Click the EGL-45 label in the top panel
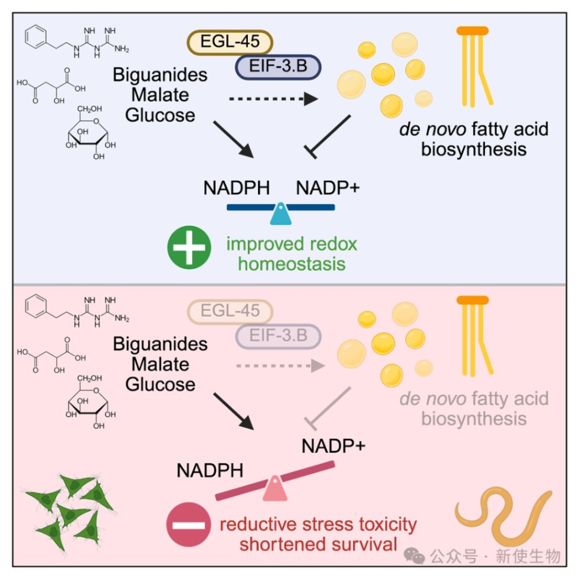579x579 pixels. (229, 42)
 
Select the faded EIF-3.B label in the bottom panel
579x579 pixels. (278, 336)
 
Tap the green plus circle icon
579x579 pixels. (189, 247)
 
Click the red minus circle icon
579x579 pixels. (188, 525)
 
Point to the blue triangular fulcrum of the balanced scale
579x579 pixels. (281, 214)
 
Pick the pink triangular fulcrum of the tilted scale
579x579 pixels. (275, 488)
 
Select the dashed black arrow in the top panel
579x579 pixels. (273, 99)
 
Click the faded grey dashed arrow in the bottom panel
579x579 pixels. (281, 366)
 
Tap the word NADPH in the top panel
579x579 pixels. (237, 188)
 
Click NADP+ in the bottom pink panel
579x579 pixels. (333, 446)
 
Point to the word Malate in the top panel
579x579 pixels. (161, 95)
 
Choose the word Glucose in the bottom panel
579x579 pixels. (161, 385)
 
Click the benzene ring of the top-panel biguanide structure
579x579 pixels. (36, 36)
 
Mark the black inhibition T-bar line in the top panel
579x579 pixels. (327, 137)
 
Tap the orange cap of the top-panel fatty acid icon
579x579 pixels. (473, 31)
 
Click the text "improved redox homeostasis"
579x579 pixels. (292, 254)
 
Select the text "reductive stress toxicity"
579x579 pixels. (318, 524)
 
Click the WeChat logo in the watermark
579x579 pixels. (414, 556)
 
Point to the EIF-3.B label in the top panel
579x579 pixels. (278, 67)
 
